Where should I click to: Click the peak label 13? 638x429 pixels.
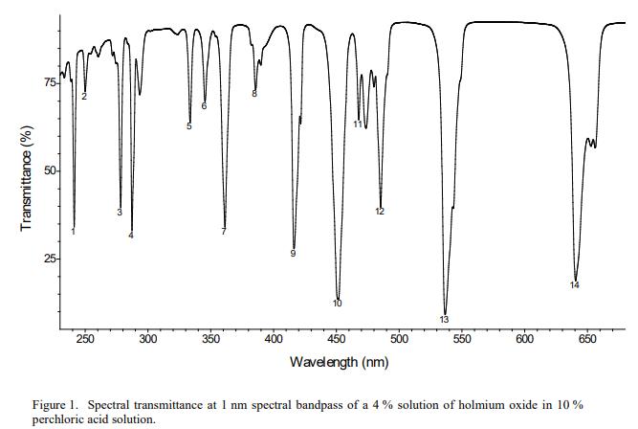(x=444, y=319)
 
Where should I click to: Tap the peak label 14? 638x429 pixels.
(x=575, y=284)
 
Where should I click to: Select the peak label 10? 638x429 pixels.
(x=338, y=304)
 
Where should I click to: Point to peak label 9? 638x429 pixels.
(x=293, y=254)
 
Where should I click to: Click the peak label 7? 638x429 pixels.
(x=224, y=232)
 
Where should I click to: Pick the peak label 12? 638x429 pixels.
(x=380, y=212)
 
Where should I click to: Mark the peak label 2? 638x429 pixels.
(x=84, y=97)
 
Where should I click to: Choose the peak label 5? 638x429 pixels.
(x=189, y=126)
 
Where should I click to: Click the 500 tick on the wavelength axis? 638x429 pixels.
(x=400, y=340)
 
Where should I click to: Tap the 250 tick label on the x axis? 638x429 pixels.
(x=85, y=340)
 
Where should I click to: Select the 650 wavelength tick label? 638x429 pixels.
(x=588, y=340)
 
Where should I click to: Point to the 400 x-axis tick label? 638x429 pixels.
(x=275, y=340)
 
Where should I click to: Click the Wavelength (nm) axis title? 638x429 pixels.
(x=339, y=362)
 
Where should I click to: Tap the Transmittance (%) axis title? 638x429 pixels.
(x=27, y=177)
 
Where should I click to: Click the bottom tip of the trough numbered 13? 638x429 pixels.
(x=445, y=308)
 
